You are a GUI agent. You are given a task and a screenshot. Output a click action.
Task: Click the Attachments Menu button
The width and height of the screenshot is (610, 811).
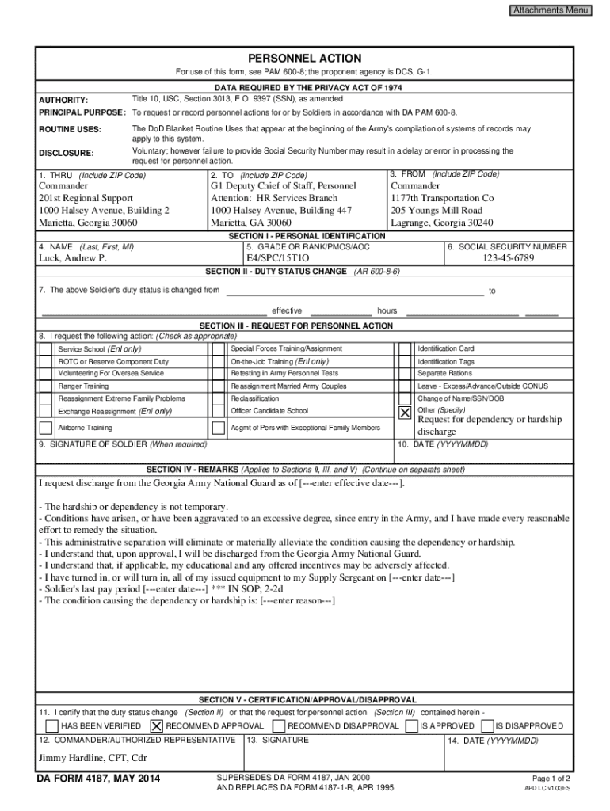click(550, 10)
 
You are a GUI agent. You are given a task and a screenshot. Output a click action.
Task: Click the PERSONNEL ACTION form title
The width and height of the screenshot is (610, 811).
click(304, 59)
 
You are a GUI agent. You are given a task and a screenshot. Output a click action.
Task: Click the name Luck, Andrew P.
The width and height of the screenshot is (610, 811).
click(73, 258)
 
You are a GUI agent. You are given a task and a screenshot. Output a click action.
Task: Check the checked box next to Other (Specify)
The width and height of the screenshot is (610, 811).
click(405, 413)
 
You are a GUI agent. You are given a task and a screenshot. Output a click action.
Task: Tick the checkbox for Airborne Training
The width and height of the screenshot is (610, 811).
click(46, 428)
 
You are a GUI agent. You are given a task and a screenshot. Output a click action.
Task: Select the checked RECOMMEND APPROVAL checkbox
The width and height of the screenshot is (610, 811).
click(156, 725)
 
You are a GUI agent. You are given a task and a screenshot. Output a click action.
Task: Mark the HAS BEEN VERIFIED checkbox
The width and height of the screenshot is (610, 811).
click(51, 725)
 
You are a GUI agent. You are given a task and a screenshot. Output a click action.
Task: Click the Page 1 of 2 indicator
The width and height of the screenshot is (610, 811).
click(551, 778)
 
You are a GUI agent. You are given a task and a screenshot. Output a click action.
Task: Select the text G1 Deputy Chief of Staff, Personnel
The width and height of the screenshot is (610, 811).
click(284, 185)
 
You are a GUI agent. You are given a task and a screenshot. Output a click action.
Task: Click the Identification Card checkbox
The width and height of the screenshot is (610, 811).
click(405, 348)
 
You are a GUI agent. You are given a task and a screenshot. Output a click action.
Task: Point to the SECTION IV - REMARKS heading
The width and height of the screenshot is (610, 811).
click(193, 469)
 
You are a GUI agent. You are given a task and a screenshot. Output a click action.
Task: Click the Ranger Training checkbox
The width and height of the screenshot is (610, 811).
click(46, 386)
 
